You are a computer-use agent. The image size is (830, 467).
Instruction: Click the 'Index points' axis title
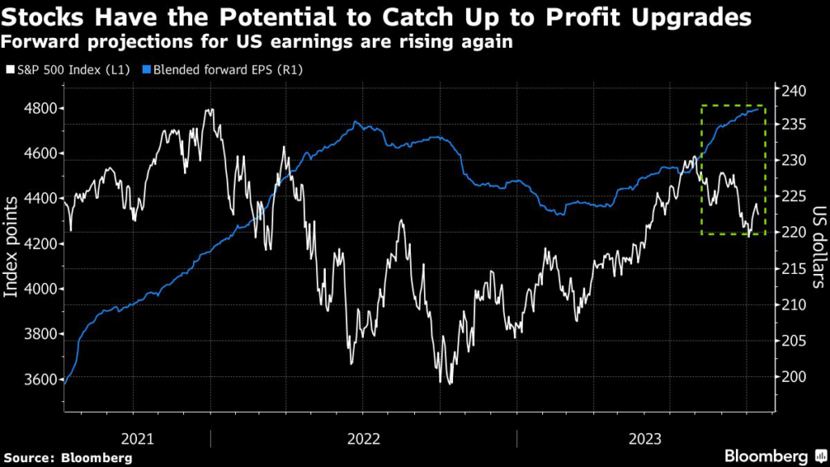pos(12,243)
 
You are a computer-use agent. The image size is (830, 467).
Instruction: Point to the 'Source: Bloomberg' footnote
pos(68,457)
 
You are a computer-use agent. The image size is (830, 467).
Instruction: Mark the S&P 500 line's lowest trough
pos(441,381)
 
